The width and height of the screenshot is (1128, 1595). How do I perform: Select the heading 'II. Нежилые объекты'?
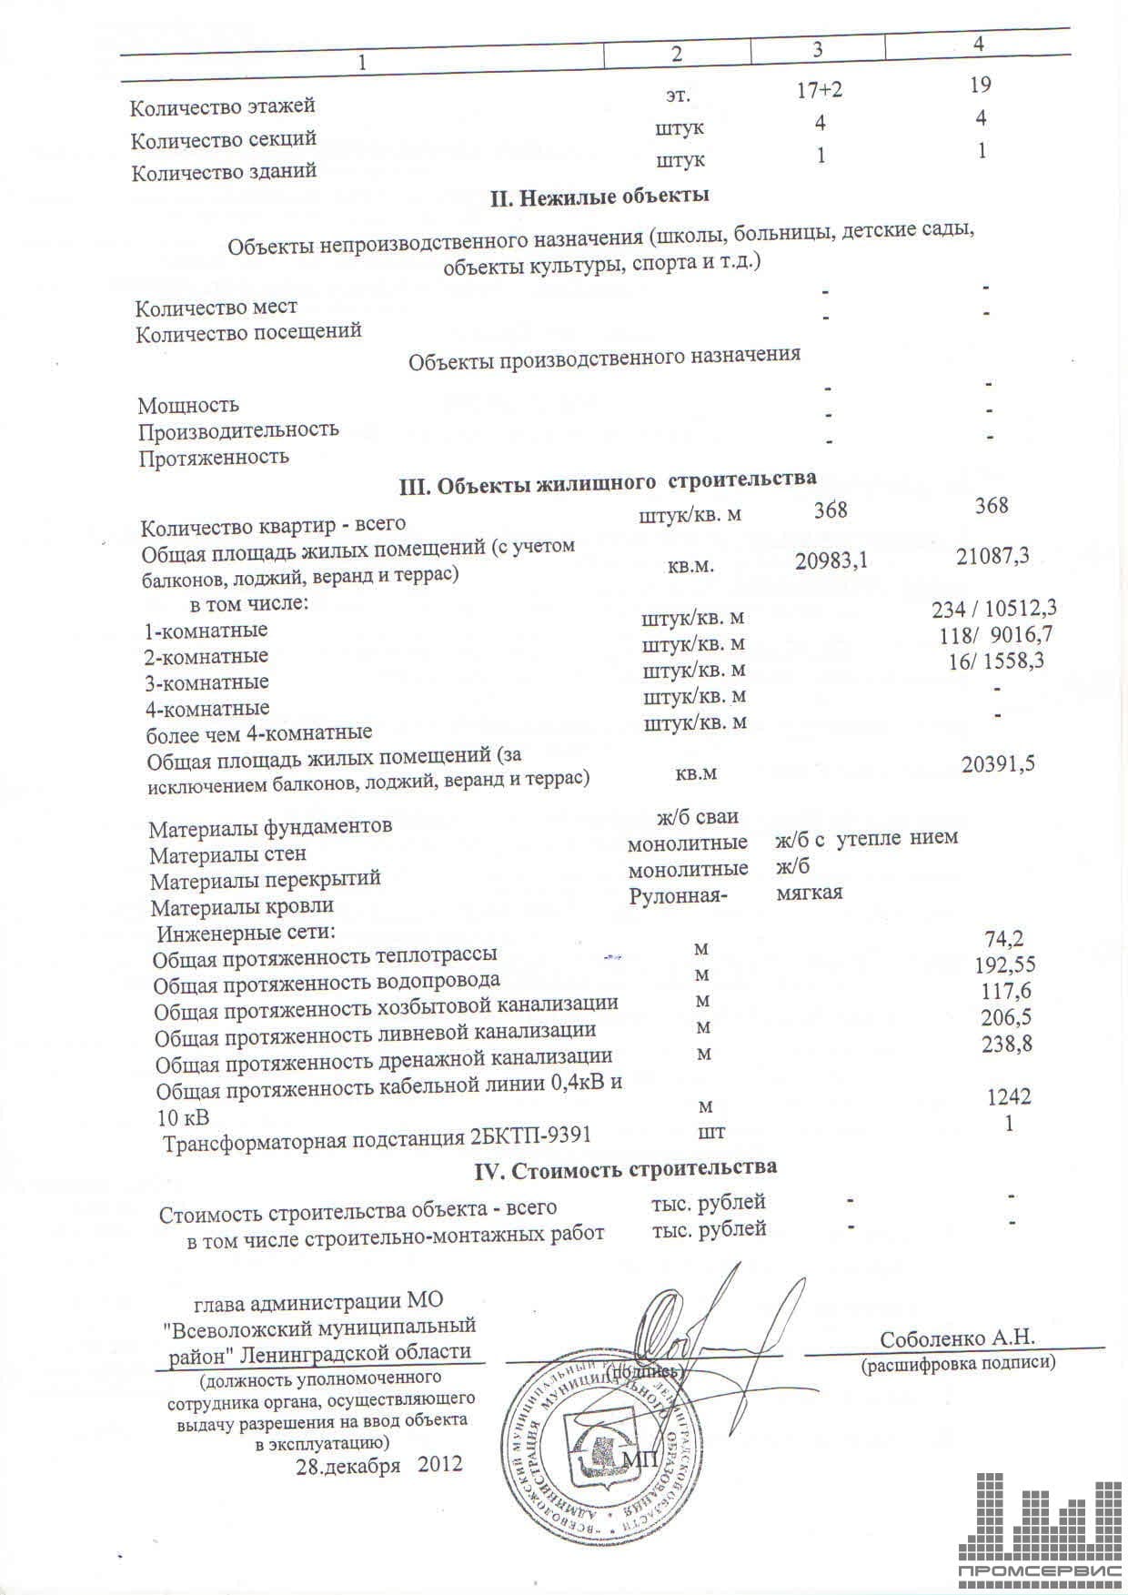pos(600,197)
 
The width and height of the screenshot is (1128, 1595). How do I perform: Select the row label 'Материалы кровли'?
pos(242,907)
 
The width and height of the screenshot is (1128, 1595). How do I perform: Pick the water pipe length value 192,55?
pos(1004,965)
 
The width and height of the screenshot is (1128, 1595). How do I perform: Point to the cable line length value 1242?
pos(1009,1097)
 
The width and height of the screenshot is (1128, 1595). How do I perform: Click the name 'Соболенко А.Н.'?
pos(957,1338)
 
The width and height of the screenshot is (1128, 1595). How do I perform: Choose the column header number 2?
pos(676,54)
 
